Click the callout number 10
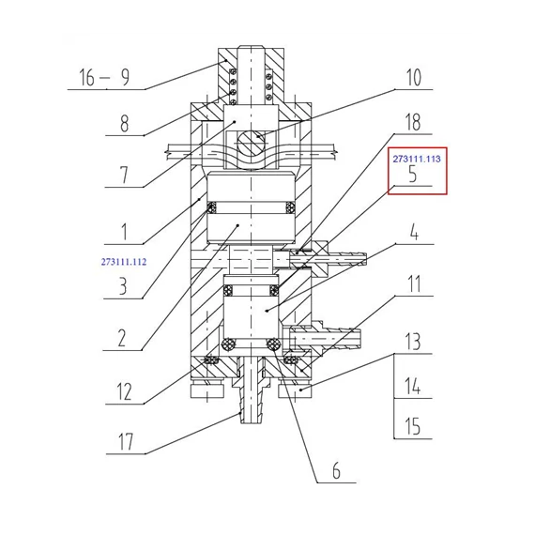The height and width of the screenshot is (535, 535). pos(414,78)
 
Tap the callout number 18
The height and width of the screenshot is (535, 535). pos(413,122)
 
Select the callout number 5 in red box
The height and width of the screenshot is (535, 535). pos(413,174)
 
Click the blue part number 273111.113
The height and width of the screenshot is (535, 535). pos(417,159)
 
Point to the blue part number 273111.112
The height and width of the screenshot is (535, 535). pos(124,262)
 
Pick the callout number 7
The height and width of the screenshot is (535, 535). pos(124,175)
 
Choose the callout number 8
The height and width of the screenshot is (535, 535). pos(125,123)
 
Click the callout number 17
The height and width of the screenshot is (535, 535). pos(125,441)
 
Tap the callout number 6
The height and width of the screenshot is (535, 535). pos(336,471)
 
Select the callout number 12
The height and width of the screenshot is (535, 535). pos(124,391)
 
